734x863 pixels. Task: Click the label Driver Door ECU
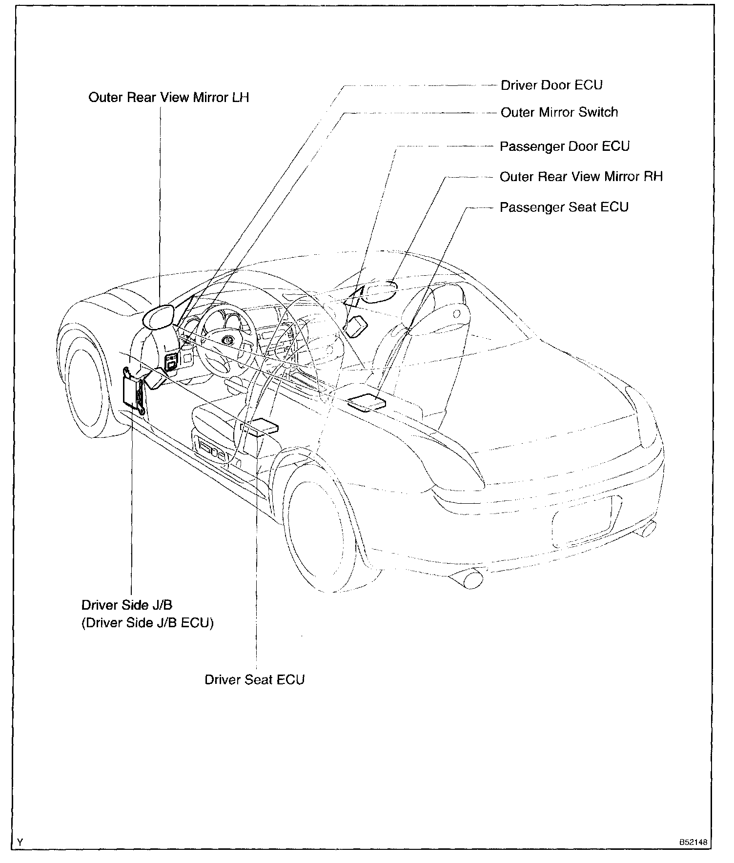click(551, 85)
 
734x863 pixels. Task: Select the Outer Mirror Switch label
click(559, 112)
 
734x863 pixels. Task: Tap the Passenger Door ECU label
click(565, 146)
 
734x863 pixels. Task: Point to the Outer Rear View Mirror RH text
click(581, 177)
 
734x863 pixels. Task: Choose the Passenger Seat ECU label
click(564, 207)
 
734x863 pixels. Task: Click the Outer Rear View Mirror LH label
click(168, 98)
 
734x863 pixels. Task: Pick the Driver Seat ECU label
click(254, 679)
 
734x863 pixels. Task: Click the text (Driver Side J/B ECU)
click(147, 623)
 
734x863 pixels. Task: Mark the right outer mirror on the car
click(381, 292)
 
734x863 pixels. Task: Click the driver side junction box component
click(133, 390)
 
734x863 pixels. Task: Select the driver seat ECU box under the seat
click(263, 426)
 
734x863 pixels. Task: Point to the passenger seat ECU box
click(366, 403)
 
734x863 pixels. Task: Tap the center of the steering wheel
click(227, 340)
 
